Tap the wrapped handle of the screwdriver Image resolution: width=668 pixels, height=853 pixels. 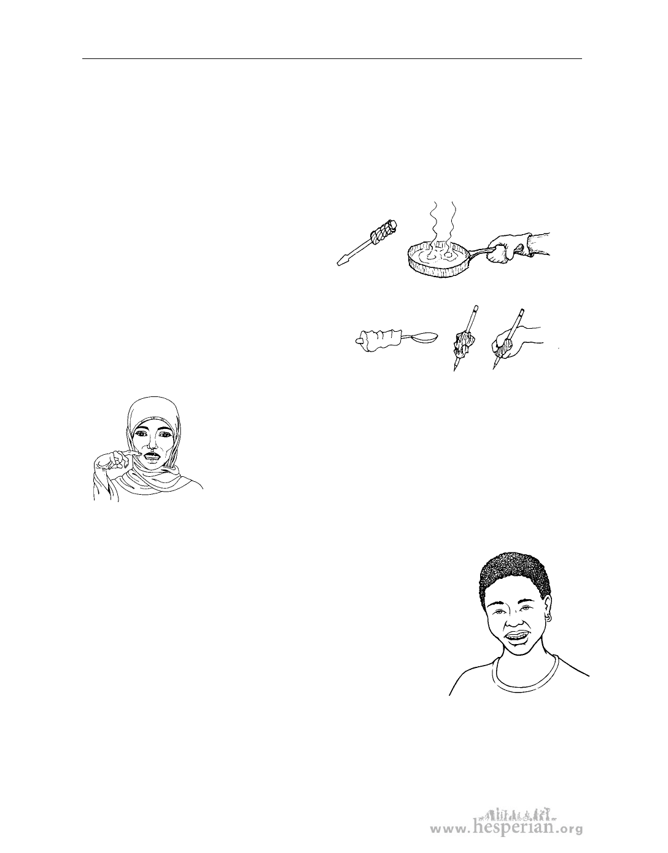(x=384, y=232)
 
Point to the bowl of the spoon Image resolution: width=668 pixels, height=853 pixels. (x=422, y=338)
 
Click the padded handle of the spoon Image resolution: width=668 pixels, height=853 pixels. (x=382, y=340)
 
